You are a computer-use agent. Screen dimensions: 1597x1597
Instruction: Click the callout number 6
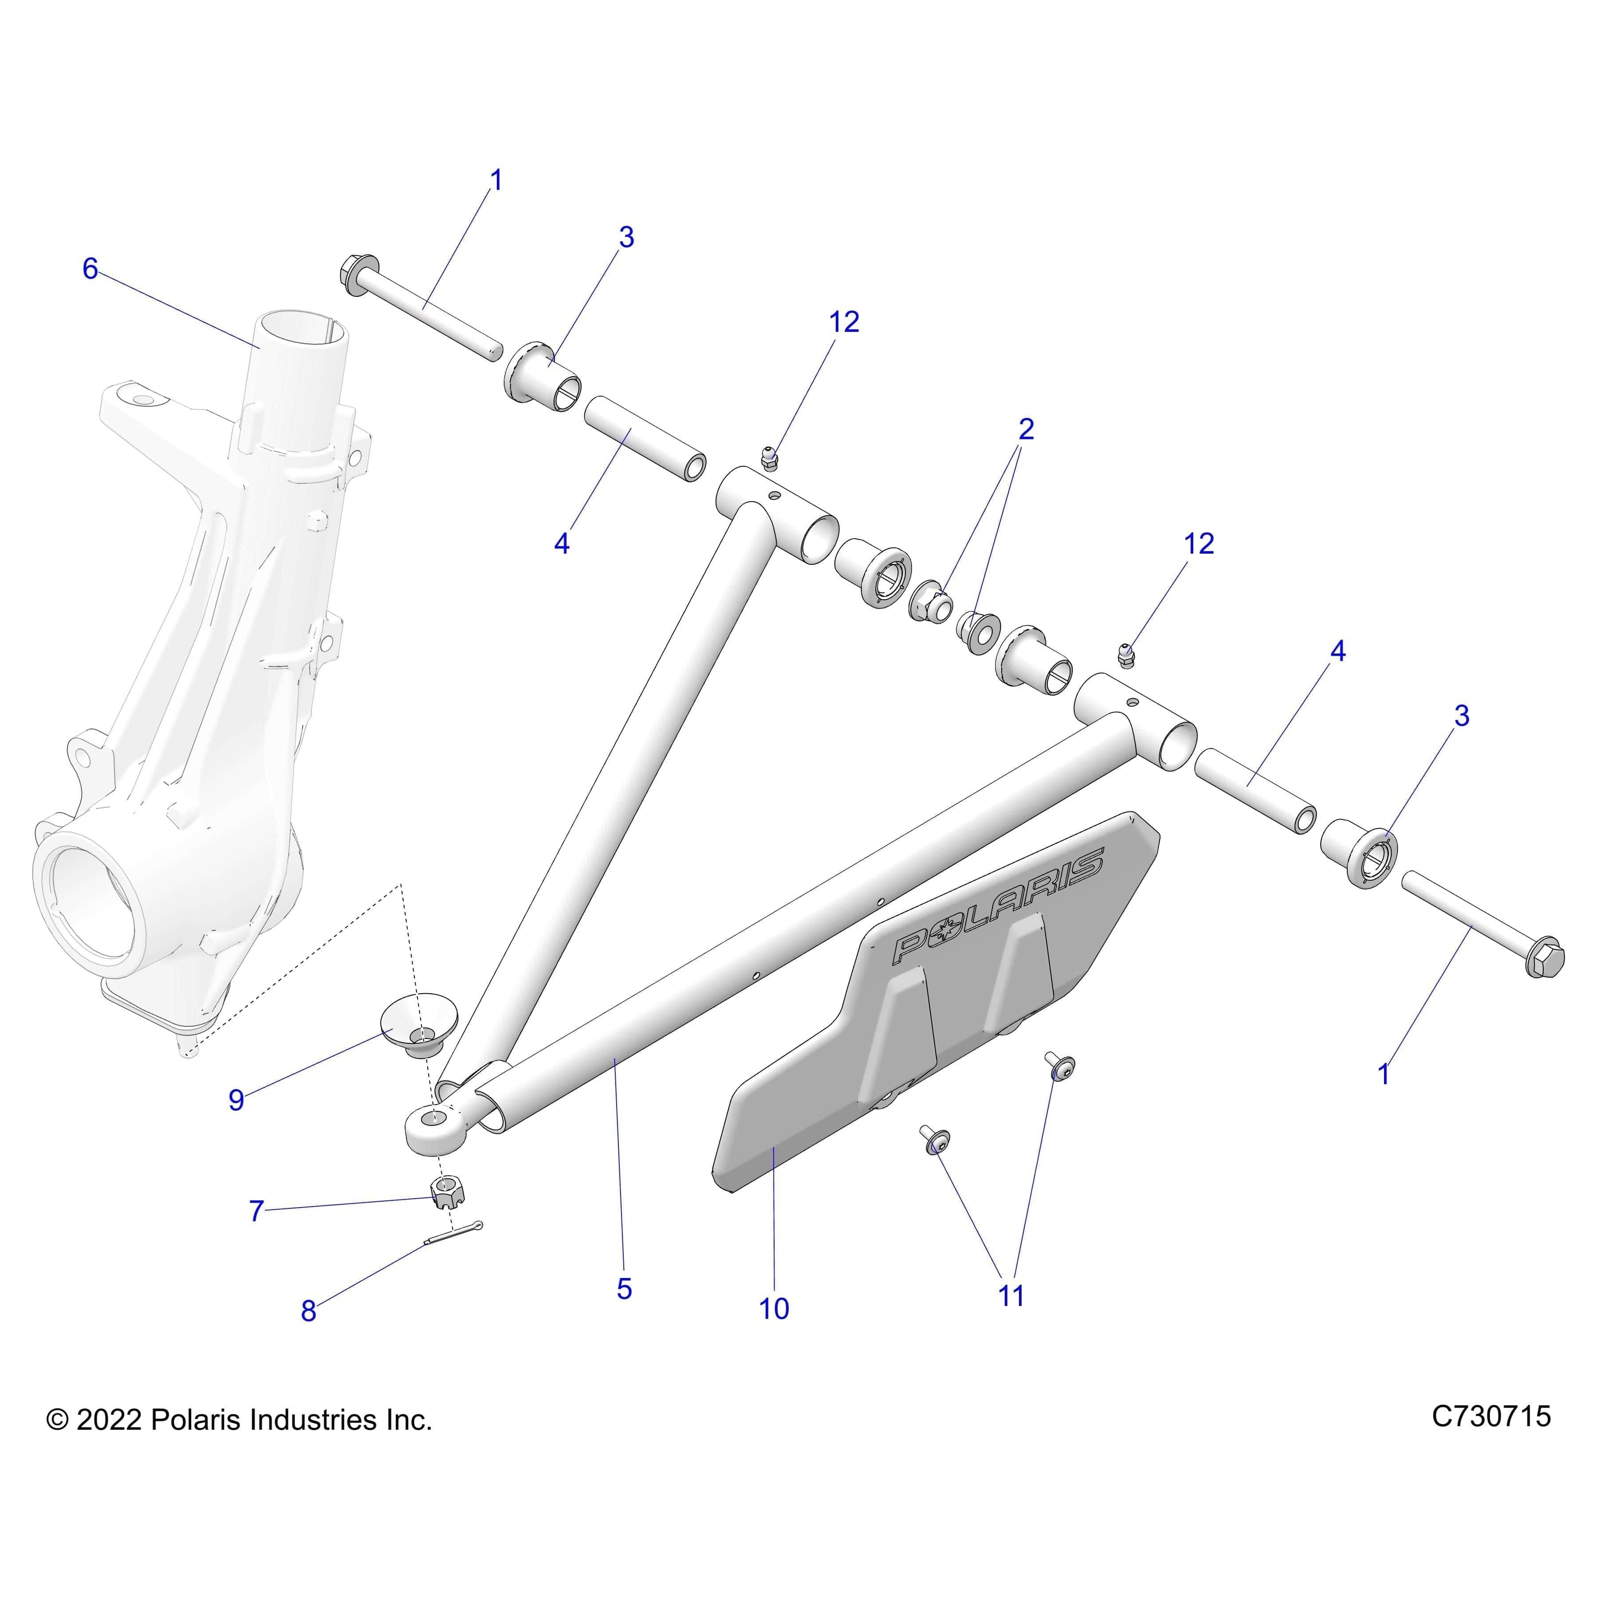[x=90, y=269]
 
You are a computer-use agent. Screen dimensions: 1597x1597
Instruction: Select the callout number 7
[x=256, y=1211]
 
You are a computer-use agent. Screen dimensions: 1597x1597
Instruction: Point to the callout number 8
[x=308, y=1310]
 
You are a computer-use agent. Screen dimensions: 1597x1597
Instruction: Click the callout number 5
[x=624, y=1289]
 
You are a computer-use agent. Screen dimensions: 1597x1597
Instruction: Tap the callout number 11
[x=1011, y=1295]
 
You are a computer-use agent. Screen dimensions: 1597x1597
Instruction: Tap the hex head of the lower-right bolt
[x=1542, y=959]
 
